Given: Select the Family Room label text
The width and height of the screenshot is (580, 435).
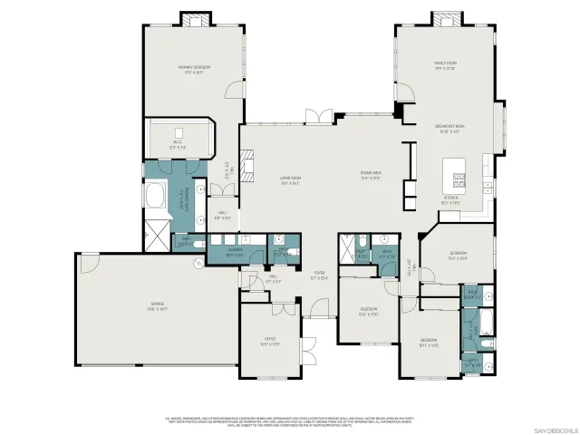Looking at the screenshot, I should click(x=444, y=65).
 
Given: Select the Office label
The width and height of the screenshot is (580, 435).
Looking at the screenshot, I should click(x=269, y=342).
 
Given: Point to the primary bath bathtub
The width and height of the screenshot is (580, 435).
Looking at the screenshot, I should click(x=156, y=198).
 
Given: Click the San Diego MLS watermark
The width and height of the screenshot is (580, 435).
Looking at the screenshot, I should click(x=552, y=428).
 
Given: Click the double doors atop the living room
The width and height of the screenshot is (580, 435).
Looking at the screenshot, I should click(x=318, y=116).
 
